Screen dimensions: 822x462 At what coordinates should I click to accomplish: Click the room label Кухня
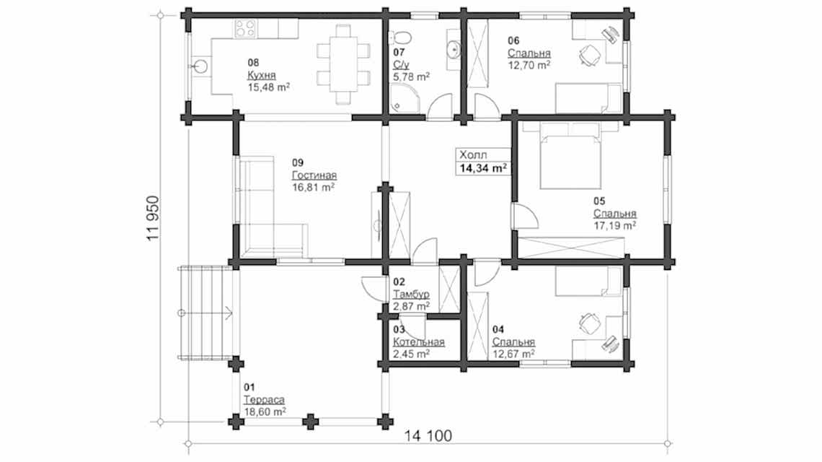click(x=261, y=75)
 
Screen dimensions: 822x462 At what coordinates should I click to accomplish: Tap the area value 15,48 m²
click(x=268, y=87)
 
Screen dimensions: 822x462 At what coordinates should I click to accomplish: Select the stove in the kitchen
click(x=245, y=28)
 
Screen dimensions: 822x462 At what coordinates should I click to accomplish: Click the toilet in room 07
click(x=400, y=37)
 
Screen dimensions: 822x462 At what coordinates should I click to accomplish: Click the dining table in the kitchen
click(x=343, y=64)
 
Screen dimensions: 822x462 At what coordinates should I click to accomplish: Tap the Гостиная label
click(x=314, y=175)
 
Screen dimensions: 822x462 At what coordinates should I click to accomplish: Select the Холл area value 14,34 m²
click(x=483, y=168)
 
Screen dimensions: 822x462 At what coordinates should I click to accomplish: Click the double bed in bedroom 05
click(x=570, y=156)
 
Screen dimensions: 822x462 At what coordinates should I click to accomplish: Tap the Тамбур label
click(x=411, y=294)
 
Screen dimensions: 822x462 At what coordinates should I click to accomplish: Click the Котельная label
click(x=418, y=341)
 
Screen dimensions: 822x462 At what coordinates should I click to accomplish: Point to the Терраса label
click(x=264, y=400)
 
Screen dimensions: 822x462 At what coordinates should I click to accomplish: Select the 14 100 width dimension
click(x=428, y=436)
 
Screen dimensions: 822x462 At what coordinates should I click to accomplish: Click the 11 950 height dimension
click(x=153, y=219)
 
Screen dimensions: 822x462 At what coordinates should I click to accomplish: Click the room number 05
click(x=599, y=201)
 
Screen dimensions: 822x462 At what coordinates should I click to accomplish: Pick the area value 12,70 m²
click(x=529, y=65)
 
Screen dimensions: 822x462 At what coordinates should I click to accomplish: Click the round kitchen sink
click(x=200, y=66)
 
